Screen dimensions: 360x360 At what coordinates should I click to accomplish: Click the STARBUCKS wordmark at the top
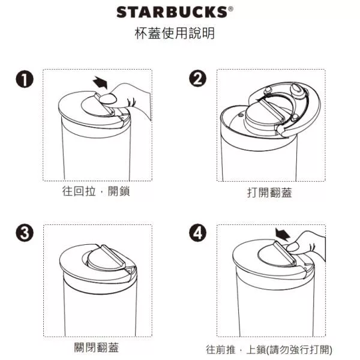point(172,12)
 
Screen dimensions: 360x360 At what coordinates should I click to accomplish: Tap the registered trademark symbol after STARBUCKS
point(230,9)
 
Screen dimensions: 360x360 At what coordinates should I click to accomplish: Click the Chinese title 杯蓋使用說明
point(175,33)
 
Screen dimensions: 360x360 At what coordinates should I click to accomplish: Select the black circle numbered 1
point(25,79)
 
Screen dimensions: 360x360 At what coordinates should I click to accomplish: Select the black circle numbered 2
point(197,78)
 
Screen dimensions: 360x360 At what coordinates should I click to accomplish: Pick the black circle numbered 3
point(25,233)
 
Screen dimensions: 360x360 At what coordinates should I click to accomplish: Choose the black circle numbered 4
point(197,233)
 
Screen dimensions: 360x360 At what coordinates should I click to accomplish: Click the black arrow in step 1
point(100,82)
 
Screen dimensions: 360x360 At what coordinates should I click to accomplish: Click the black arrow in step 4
point(283,234)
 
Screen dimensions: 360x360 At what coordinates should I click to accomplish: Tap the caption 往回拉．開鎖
point(96,191)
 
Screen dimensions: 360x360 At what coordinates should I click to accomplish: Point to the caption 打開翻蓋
point(269,193)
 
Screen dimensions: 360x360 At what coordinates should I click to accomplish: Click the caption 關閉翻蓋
point(97,347)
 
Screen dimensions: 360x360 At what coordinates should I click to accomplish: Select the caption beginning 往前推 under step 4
point(269,349)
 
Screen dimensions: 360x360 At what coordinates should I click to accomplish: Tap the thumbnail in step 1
point(108,100)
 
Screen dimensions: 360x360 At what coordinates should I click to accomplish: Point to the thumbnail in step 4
point(293,247)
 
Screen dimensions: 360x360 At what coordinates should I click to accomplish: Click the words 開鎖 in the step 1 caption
point(119,191)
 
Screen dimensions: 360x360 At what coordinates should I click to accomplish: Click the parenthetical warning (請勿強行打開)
point(299,349)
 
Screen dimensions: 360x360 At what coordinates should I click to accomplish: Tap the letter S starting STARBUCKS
point(122,12)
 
